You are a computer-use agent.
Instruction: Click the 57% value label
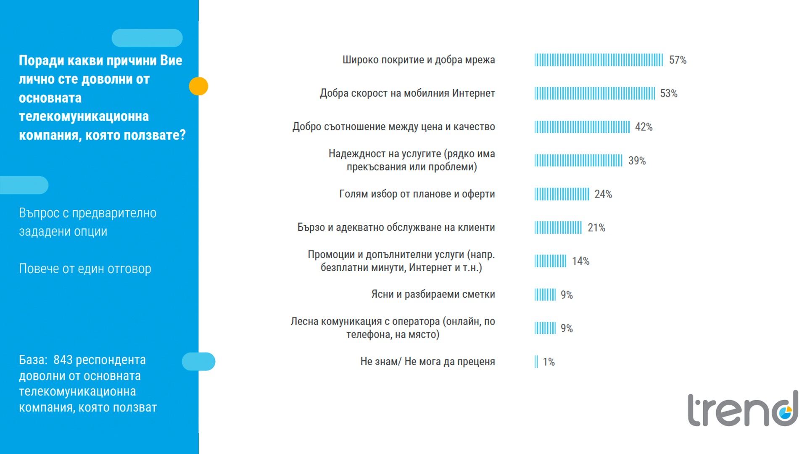click(x=678, y=60)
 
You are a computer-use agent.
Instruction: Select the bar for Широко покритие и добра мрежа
click(x=599, y=60)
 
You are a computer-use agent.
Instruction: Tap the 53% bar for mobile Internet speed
click(x=594, y=93)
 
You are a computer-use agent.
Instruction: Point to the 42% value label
click(x=643, y=127)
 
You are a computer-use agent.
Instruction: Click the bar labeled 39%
click(x=578, y=161)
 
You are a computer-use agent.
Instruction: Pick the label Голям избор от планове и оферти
click(x=417, y=194)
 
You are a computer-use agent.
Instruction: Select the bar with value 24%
click(x=562, y=194)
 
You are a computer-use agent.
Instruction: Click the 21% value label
click(x=596, y=228)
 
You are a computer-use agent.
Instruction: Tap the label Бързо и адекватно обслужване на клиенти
click(x=396, y=227)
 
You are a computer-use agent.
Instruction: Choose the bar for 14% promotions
click(x=550, y=261)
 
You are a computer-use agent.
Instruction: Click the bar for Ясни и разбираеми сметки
click(x=545, y=295)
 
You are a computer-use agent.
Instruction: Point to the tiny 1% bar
click(x=536, y=362)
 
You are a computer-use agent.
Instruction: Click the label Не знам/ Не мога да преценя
click(x=427, y=362)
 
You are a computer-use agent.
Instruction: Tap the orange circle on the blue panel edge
click(x=198, y=86)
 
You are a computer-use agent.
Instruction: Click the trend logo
click(x=742, y=409)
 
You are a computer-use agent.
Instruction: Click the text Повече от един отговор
click(x=85, y=269)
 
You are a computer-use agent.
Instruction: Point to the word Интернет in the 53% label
click(x=473, y=93)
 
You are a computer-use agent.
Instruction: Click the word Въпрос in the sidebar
click(x=39, y=213)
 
